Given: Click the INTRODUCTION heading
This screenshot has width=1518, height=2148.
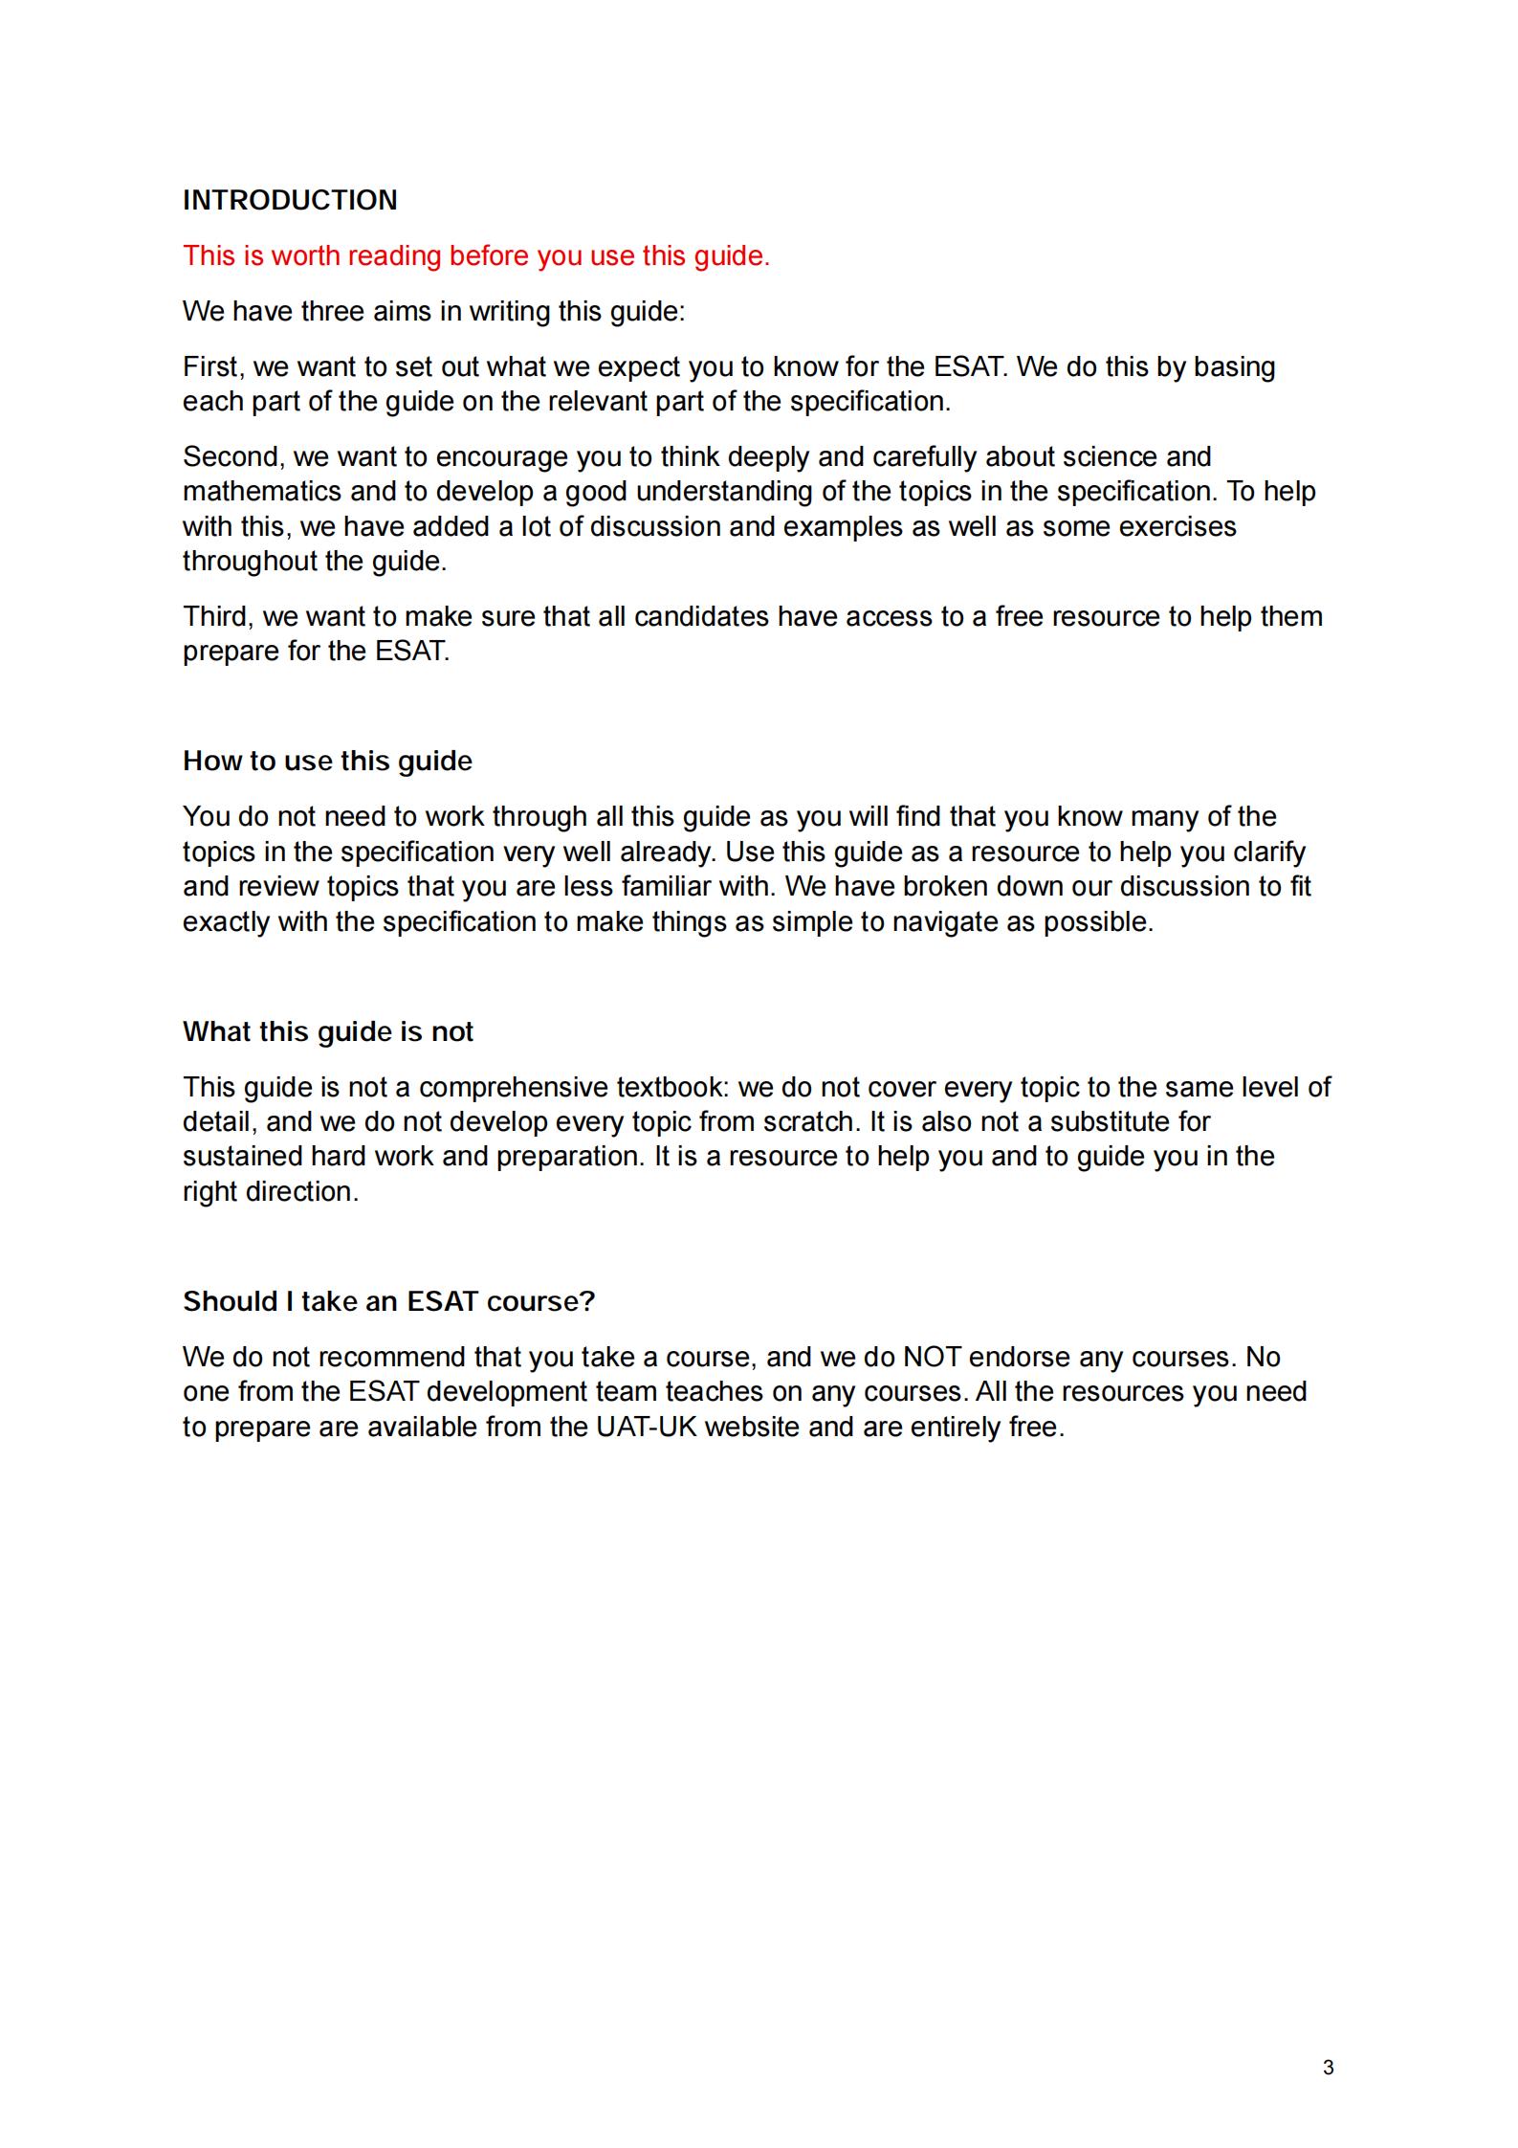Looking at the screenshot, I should coord(290,200).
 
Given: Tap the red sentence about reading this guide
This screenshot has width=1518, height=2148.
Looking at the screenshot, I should coord(476,256).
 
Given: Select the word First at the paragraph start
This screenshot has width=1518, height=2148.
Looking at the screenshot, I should coord(210,367).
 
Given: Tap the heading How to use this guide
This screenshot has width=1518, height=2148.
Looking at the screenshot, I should coord(327,761).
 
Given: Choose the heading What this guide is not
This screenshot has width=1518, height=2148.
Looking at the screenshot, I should coord(328,1031).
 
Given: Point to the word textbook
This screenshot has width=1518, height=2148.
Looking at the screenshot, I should coord(672,1087).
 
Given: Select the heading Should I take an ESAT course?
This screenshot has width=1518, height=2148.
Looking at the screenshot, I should coord(388,1301).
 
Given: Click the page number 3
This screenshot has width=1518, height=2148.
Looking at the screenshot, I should coord(1328,2068).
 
